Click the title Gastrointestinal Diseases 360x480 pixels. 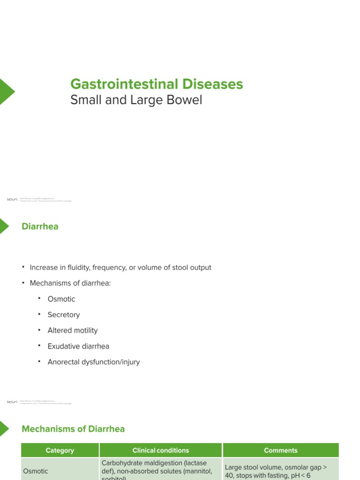pos(157,84)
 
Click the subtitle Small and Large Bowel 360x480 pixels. pos(136,100)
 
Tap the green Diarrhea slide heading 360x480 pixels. pos(40,226)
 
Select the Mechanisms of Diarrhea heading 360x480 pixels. pos(74,429)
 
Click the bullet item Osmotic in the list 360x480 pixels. pos(61,299)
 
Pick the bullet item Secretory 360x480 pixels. pos(64,315)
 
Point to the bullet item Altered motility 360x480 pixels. pos(73,330)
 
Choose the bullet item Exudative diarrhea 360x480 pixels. pos(78,346)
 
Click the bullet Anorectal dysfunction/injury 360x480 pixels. pos(94,362)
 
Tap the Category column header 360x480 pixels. pos(60,450)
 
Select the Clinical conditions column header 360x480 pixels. pos(161,450)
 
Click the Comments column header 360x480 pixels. pos(281,450)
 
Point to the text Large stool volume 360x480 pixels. pos(253,467)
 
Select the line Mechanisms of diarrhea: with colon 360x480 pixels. pos(70,284)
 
